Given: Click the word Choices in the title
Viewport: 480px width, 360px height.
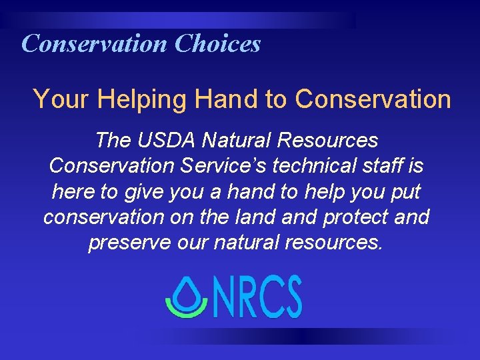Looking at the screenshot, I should [x=217, y=44].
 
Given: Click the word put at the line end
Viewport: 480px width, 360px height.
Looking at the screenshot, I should [x=406, y=191].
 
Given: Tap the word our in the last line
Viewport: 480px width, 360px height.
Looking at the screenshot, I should [x=193, y=242].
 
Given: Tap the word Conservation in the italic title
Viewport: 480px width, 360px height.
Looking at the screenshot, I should [x=95, y=44].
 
